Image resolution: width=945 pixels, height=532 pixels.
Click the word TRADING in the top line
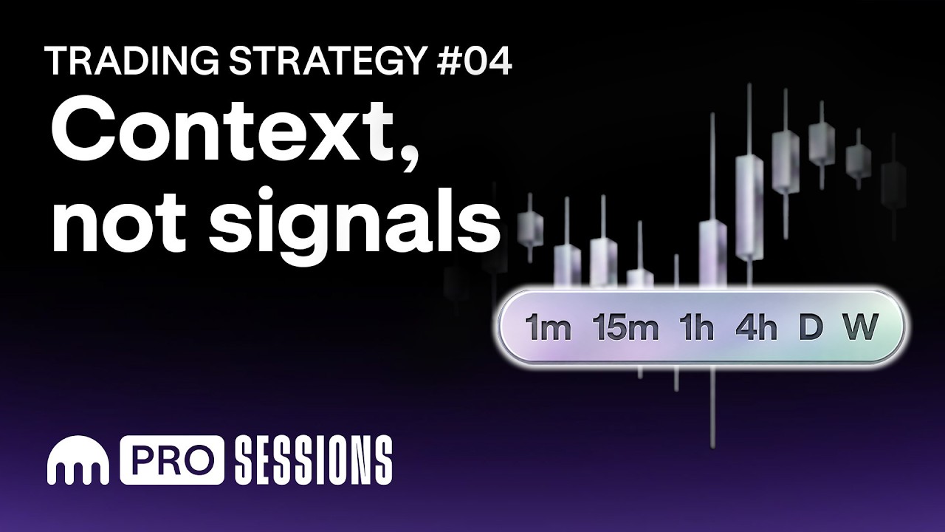click(x=134, y=61)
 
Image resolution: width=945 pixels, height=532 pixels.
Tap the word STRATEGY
click(x=326, y=61)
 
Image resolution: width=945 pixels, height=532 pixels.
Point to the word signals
click(x=354, y=223)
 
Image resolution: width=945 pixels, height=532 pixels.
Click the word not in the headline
click(x=119, y=221)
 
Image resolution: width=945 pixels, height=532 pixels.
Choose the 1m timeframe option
click(x=548, y=327)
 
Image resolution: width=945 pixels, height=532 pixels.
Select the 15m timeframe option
click(x=625, y=327)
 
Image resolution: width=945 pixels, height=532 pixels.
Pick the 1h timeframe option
click(x=696, y=327)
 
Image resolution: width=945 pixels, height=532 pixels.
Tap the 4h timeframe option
click(x=756, y=327)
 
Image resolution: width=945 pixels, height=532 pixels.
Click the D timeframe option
click(x=811, y=327)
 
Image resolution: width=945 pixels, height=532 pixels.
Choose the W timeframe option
click(x=861, y=327)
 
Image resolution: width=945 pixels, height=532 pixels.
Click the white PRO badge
click(x=172, y=460)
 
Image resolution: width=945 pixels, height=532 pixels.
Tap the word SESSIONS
click(x=314, y=460)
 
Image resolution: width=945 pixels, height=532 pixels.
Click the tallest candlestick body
click(x=749, y=207)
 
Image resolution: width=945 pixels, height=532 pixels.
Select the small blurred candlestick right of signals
click(x=530, y=228)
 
